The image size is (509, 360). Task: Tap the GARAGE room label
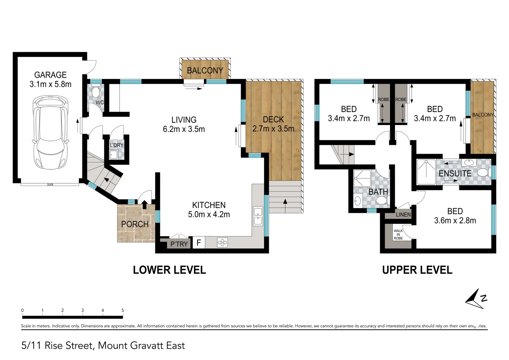tap(50, 75)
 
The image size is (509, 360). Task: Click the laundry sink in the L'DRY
tap(114, 154)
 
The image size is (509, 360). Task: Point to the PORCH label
tap(135, 224)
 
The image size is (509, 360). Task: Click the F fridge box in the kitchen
tap(199, 242)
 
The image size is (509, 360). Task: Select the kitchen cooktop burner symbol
tap(222, 242)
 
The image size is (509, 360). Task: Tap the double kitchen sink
tap(258, 216)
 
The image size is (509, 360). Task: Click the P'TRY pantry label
tap(179, 244)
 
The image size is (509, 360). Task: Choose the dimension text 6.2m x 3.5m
tap(184, 129)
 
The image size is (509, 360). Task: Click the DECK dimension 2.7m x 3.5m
tap(273, 129)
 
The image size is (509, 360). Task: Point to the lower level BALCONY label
tap(205, 71)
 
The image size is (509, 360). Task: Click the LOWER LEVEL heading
tap(169, 270)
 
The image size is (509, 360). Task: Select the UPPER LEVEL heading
tap(417, 270)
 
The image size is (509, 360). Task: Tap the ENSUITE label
tap(455, 173)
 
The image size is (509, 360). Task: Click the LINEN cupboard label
tap(403, 215)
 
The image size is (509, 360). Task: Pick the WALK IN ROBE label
tap(398, 234)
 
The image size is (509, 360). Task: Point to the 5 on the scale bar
tap(123, 310)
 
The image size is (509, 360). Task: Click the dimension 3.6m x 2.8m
tap(455, 220)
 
